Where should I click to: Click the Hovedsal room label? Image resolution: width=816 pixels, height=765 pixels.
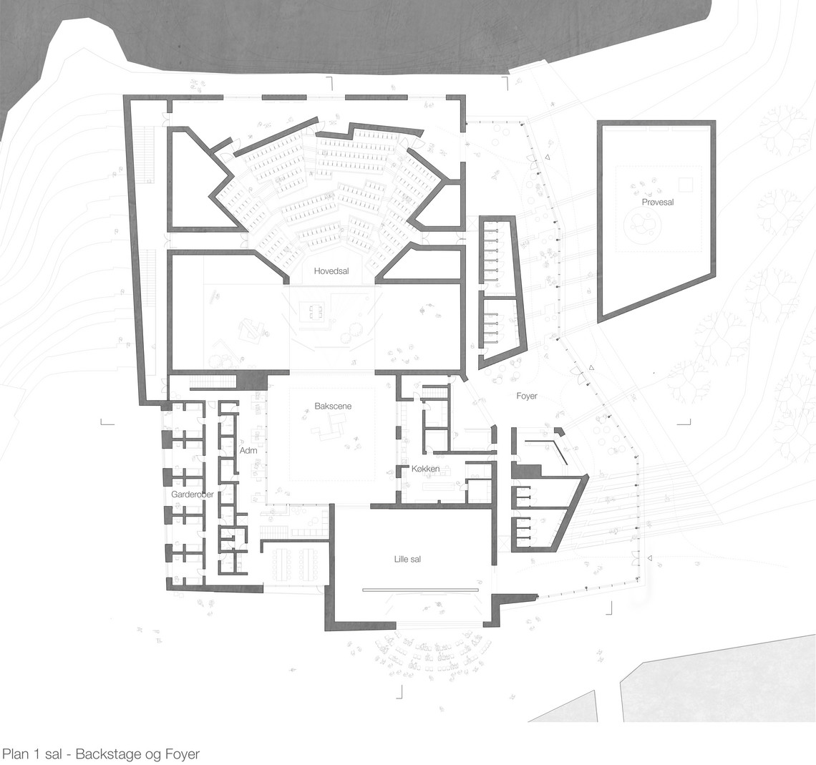(331, 271)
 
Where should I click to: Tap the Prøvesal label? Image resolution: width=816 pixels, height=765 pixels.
(657, 202)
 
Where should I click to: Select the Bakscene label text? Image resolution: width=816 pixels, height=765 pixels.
(333, 406)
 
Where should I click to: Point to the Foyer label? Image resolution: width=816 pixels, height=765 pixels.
(527, 396)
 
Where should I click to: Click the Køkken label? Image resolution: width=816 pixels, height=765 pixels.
(425, 469)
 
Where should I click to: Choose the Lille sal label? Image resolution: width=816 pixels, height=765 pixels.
(407, 560)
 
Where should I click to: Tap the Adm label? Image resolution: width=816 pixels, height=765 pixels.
(248, 450)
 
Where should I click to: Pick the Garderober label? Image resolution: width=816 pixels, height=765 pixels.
(193, 494)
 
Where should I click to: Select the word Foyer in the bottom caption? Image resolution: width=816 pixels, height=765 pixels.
(182, 754)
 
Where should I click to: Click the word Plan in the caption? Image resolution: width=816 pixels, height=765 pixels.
(14, 754)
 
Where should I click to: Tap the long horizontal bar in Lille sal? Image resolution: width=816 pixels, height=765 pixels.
(420, 590)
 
